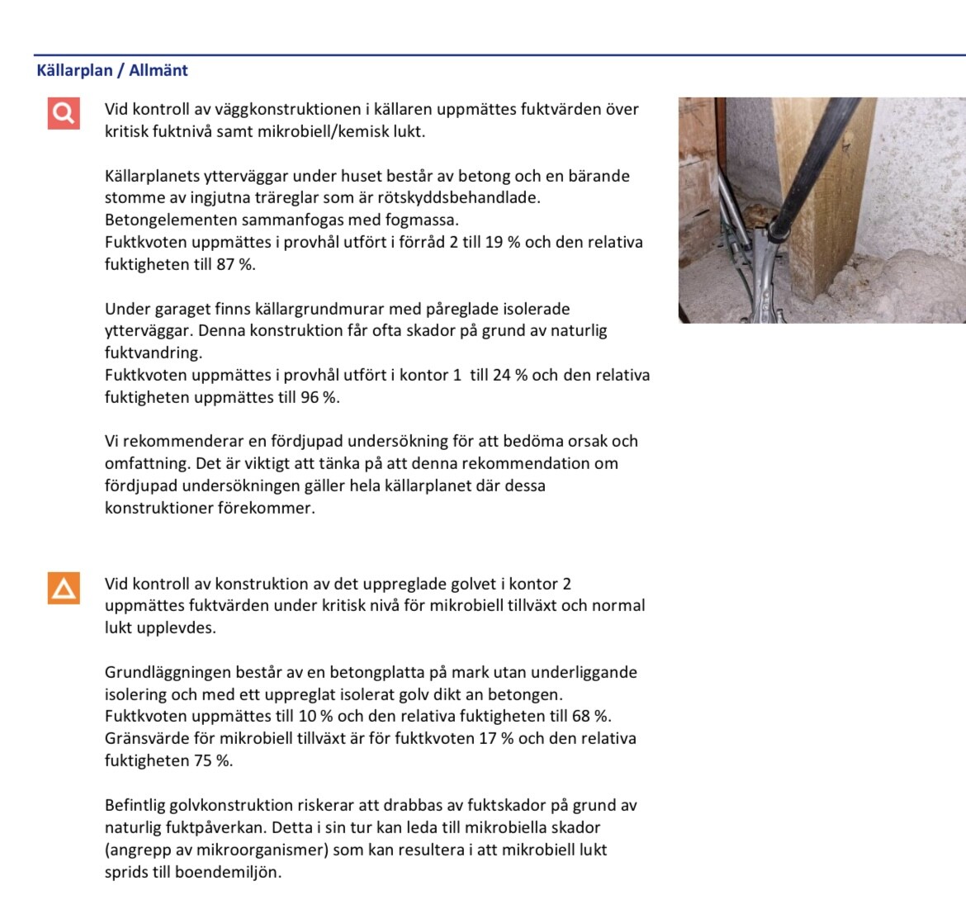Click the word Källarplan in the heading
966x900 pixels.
pos(74,70)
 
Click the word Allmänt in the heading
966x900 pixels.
pos(159,70)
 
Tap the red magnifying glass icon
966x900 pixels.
pos(64,112)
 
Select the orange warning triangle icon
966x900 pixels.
pos(64,588)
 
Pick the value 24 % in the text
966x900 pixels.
pos(510,375)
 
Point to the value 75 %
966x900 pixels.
pos(213,760)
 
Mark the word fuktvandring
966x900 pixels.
pos(153,353)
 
